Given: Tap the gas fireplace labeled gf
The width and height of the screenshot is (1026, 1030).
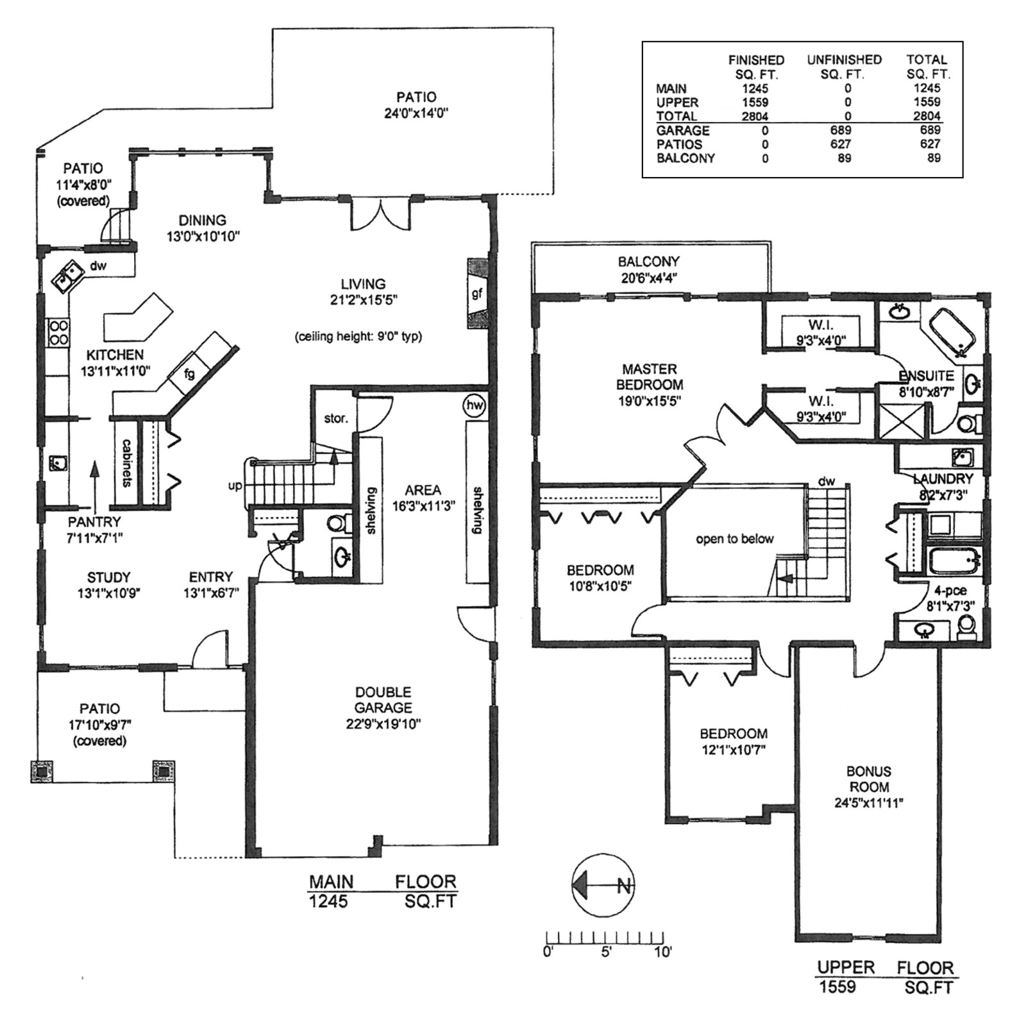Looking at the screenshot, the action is click(x=476, y=294).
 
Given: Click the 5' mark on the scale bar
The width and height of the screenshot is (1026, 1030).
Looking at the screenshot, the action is click(x=605, y=952).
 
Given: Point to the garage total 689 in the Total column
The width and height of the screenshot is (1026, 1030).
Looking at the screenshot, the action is click(x=927, y=130).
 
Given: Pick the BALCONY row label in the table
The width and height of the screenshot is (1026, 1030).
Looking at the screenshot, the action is click(x=685, y=158).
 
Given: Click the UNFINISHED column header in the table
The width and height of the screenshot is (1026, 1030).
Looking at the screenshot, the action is click(x=844, y=60).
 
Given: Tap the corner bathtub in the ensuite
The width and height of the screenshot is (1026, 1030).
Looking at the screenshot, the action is click(x=954, y=332).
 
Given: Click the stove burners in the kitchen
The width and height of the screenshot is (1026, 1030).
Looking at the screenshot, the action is click(x=59, y=332).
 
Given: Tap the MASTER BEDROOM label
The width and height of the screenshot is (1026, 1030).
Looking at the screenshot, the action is click(x=649, y=376).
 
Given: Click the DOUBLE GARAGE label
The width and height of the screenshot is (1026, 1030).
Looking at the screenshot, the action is click(x=383, y=700).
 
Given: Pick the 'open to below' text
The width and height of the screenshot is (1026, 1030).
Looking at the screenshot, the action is click(x=734, y=539).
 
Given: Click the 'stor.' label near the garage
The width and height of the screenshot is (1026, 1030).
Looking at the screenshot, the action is click(x=335, y=419).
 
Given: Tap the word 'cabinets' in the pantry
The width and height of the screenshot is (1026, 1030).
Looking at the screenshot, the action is click(x=127, y=462).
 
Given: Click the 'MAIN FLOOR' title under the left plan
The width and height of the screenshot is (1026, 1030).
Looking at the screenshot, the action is click(x=383, y=882).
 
